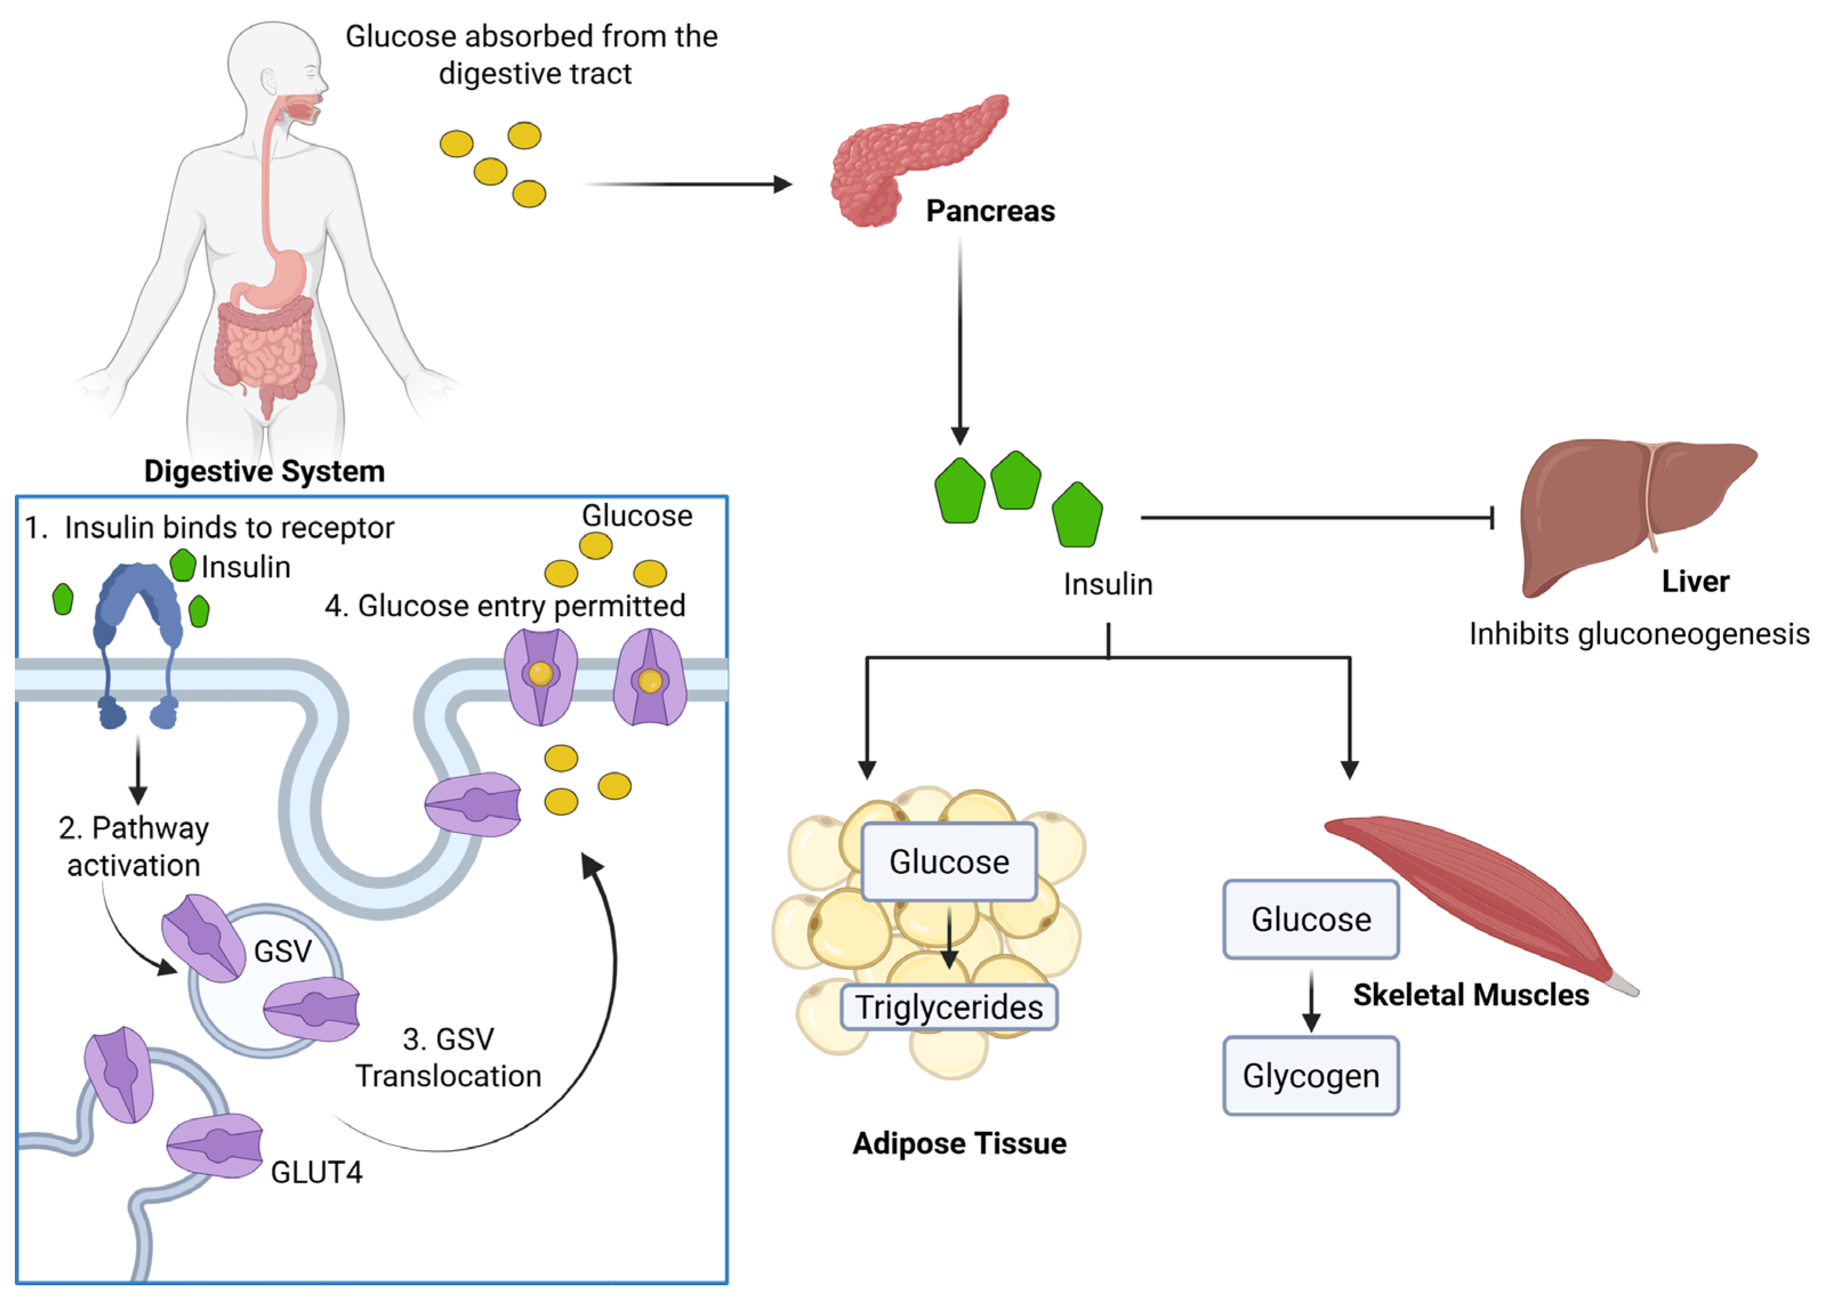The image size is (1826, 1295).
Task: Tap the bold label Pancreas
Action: pos(990,211)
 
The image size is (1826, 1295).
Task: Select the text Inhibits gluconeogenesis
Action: pos(1639,634)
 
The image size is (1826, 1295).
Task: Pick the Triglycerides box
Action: pos(948,1007)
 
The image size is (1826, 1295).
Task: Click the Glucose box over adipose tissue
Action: pos(949,862)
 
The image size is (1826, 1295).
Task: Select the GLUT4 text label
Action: pos(317,1172)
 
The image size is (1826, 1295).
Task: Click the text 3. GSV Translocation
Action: pos(448,1058)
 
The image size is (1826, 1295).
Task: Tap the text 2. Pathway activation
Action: pos(134,847)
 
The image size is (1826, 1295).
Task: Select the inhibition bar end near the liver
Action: pos(1491,518)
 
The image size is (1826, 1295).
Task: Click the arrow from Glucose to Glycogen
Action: pos(1311,1001)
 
